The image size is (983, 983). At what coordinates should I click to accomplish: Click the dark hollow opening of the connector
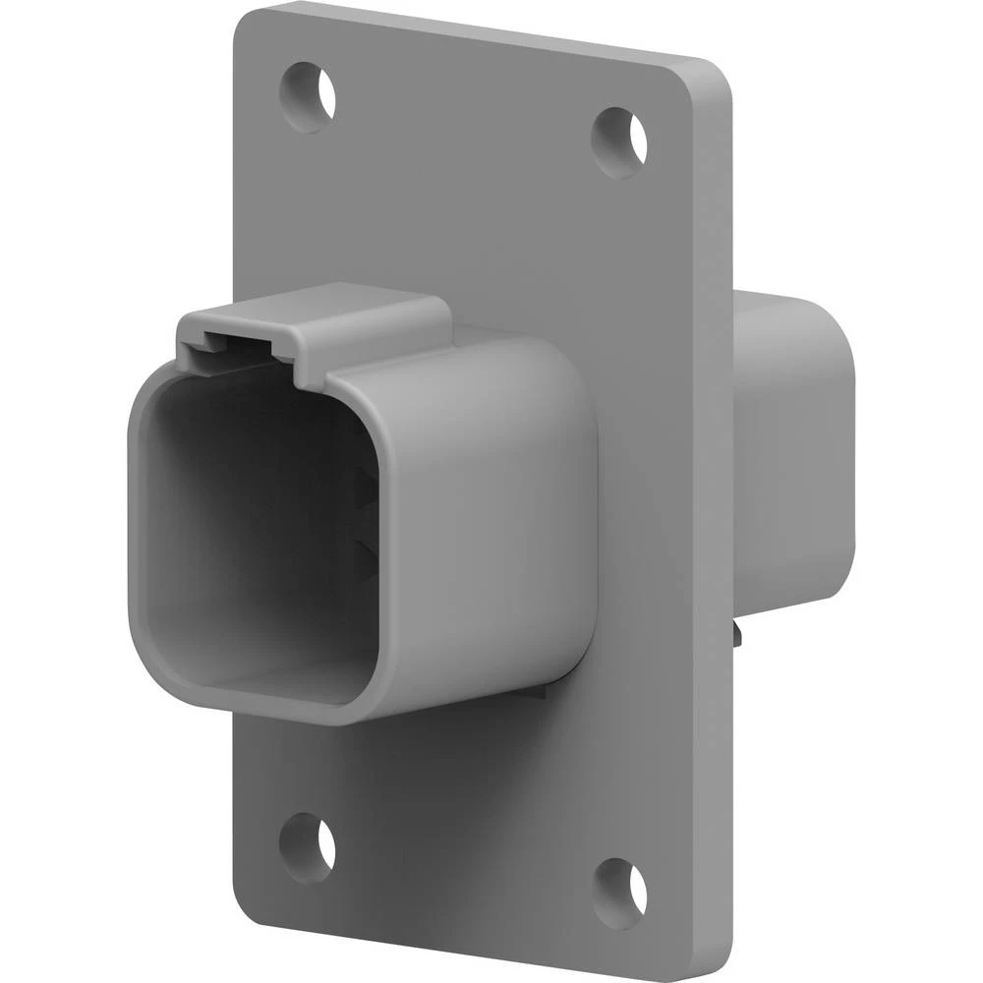pos(256,531)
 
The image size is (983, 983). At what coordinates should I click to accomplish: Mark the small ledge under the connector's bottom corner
pos(536,693)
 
